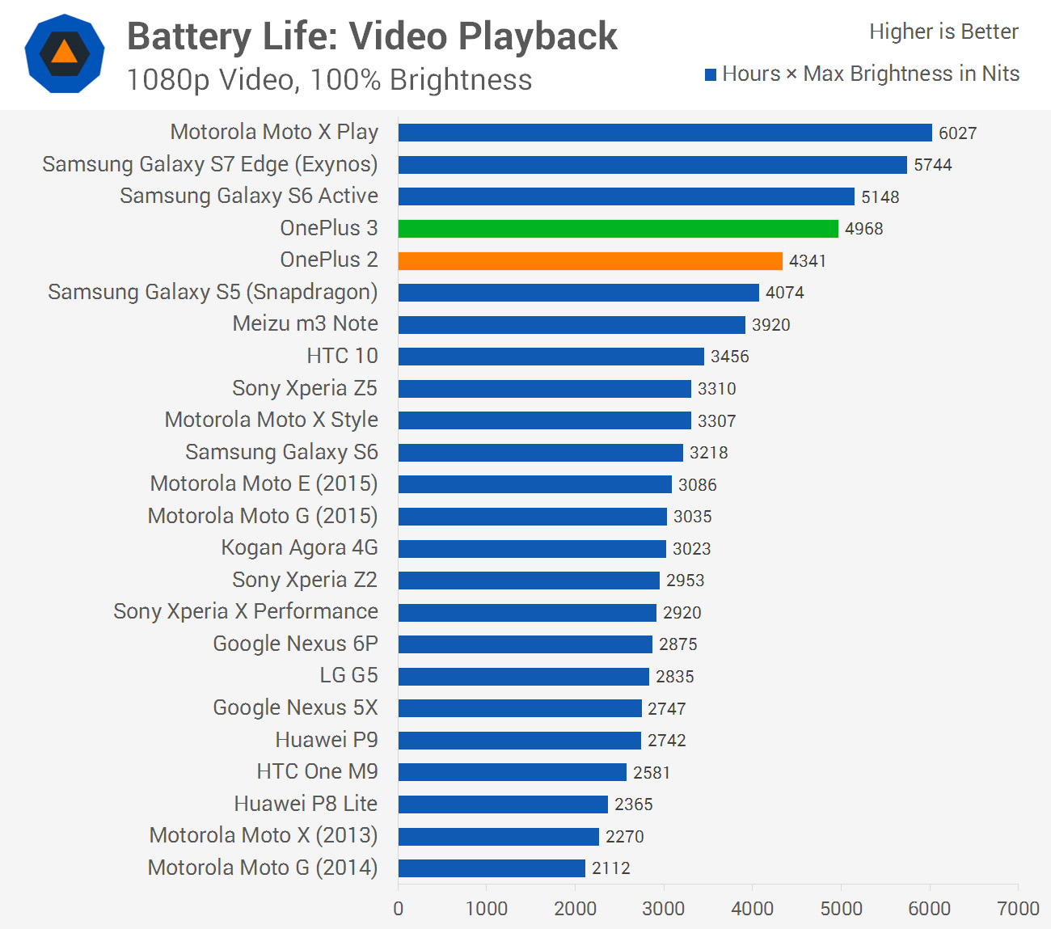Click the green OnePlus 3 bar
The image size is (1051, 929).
coord(618,229)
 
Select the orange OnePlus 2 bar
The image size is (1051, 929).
coord(590,260)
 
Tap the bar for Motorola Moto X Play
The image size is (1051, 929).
coord(665,133)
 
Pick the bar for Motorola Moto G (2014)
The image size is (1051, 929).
coord(492,868)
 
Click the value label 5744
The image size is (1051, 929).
coord(933,165)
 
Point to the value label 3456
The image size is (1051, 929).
coord(729,357)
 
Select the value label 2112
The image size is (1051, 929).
coord(610,868)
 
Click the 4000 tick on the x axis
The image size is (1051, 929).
coord(752,909)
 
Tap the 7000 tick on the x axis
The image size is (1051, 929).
coord(1018,909)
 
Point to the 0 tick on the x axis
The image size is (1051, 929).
coord(398,909)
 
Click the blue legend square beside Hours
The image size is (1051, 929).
coord(711,75)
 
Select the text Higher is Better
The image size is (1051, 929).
coord(943,32)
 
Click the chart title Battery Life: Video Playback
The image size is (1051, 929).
coord(372,36)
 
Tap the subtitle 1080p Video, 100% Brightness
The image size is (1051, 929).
coord(329,80)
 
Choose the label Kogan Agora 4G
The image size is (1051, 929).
coord(299,548)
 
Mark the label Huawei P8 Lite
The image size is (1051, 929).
coord(306,804)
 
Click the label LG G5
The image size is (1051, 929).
coord(348,676)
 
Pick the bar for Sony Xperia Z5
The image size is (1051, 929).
coord(544,389)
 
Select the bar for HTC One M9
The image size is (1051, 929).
coord(512,772)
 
